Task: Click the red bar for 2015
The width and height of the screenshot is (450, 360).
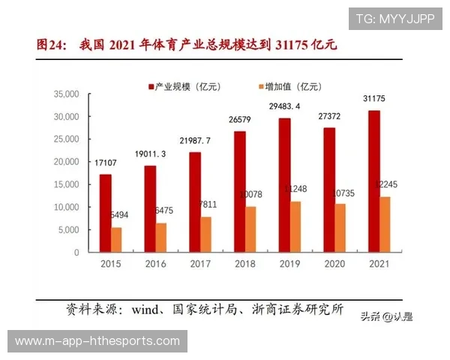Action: coord(106,213)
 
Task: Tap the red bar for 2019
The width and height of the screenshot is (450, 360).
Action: coord(284,184)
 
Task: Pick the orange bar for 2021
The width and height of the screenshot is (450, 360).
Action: coord(384,224)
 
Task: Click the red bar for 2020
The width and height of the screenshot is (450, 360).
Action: coord(329,190)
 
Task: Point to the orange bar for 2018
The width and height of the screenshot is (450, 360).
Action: coord(250,229)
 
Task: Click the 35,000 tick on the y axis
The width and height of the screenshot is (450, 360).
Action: coord(67,94)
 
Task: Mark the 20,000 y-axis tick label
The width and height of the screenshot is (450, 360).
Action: coord(67,162)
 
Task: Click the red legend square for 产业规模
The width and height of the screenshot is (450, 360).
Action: coord(151,87)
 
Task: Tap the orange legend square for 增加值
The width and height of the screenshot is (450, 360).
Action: coord(259,87)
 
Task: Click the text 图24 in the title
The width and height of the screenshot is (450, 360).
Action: coord(52,45)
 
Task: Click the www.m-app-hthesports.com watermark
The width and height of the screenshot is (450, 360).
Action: coord(97,341)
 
